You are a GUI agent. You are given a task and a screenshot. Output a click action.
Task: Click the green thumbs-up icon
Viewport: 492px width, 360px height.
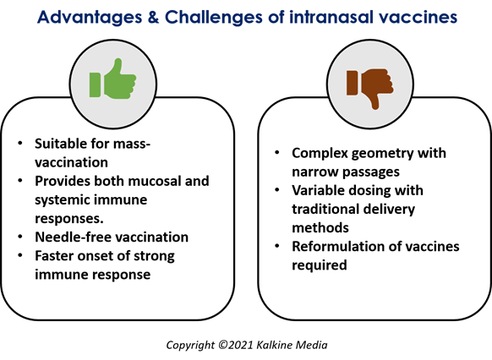[x=112, y=79]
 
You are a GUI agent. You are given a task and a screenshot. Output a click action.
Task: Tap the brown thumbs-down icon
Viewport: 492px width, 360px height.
[x=370, y=89]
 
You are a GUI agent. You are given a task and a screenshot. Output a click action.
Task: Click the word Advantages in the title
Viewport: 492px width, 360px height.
[x=90, y=17]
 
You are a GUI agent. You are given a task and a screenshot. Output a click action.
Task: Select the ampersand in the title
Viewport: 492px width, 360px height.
[x=153, y=17]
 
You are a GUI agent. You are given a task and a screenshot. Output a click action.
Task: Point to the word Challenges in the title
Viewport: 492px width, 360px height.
[x=213, y=17]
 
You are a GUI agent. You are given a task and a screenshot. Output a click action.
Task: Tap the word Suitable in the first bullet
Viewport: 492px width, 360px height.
[x=61, y=144]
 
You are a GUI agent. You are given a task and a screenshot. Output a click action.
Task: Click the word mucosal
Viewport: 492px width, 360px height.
[x=154, y=181]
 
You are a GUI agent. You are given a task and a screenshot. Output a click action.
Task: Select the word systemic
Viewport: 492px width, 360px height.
[x=60, y=200]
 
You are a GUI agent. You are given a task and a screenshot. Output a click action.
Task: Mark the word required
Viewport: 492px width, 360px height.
[x=320, y=265]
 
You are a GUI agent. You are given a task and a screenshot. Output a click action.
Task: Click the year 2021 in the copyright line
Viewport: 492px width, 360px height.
[x=240, y=345]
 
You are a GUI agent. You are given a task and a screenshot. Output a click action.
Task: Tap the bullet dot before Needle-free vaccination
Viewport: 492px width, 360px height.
[x=20, y=237]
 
